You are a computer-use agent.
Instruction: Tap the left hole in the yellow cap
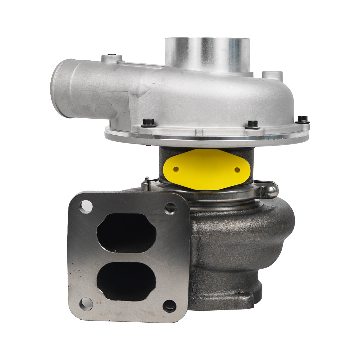pos(176,169)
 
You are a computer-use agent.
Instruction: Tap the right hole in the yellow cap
pos(237,170)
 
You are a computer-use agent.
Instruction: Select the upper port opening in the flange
pos(126,233)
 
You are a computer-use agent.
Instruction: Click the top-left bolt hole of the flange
pos(86,206)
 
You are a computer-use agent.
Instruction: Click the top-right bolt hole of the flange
pos(171,208)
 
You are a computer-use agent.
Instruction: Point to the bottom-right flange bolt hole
pos(169,306)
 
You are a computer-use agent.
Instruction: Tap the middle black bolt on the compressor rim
pos(253,124)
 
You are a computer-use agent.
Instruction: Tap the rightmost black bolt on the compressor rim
pos(302,119)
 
